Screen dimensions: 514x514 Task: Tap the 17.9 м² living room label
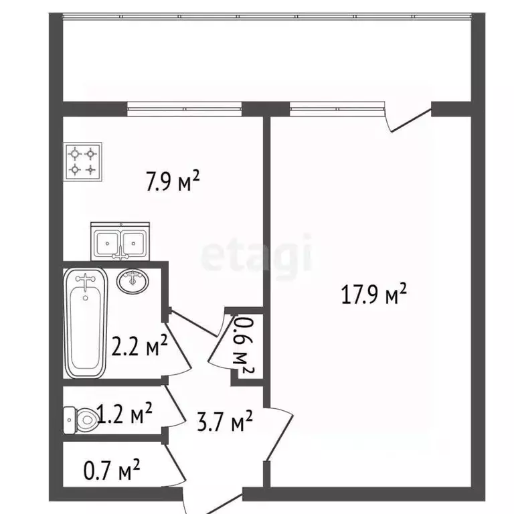[373, 293]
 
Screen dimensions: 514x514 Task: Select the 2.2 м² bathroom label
[140, 345]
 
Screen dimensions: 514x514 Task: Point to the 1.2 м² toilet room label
[124, 413]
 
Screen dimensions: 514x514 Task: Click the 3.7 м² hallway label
[225, 420]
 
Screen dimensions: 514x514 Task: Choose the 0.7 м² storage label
[112, 470]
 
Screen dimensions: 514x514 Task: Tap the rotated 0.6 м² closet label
[244, 346]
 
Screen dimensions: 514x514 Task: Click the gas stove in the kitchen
[83, 161]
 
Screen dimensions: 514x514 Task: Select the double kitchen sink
[120, 242]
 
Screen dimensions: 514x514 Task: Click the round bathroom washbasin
[133, 281]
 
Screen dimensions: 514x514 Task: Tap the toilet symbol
[80, 420]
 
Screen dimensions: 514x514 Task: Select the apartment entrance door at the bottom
[213, 503]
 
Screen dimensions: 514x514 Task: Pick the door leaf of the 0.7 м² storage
[175, 464]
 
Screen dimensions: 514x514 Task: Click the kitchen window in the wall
[184, 108]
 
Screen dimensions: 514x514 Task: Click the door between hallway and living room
[278, 434]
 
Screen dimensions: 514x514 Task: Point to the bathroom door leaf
[177, 349]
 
